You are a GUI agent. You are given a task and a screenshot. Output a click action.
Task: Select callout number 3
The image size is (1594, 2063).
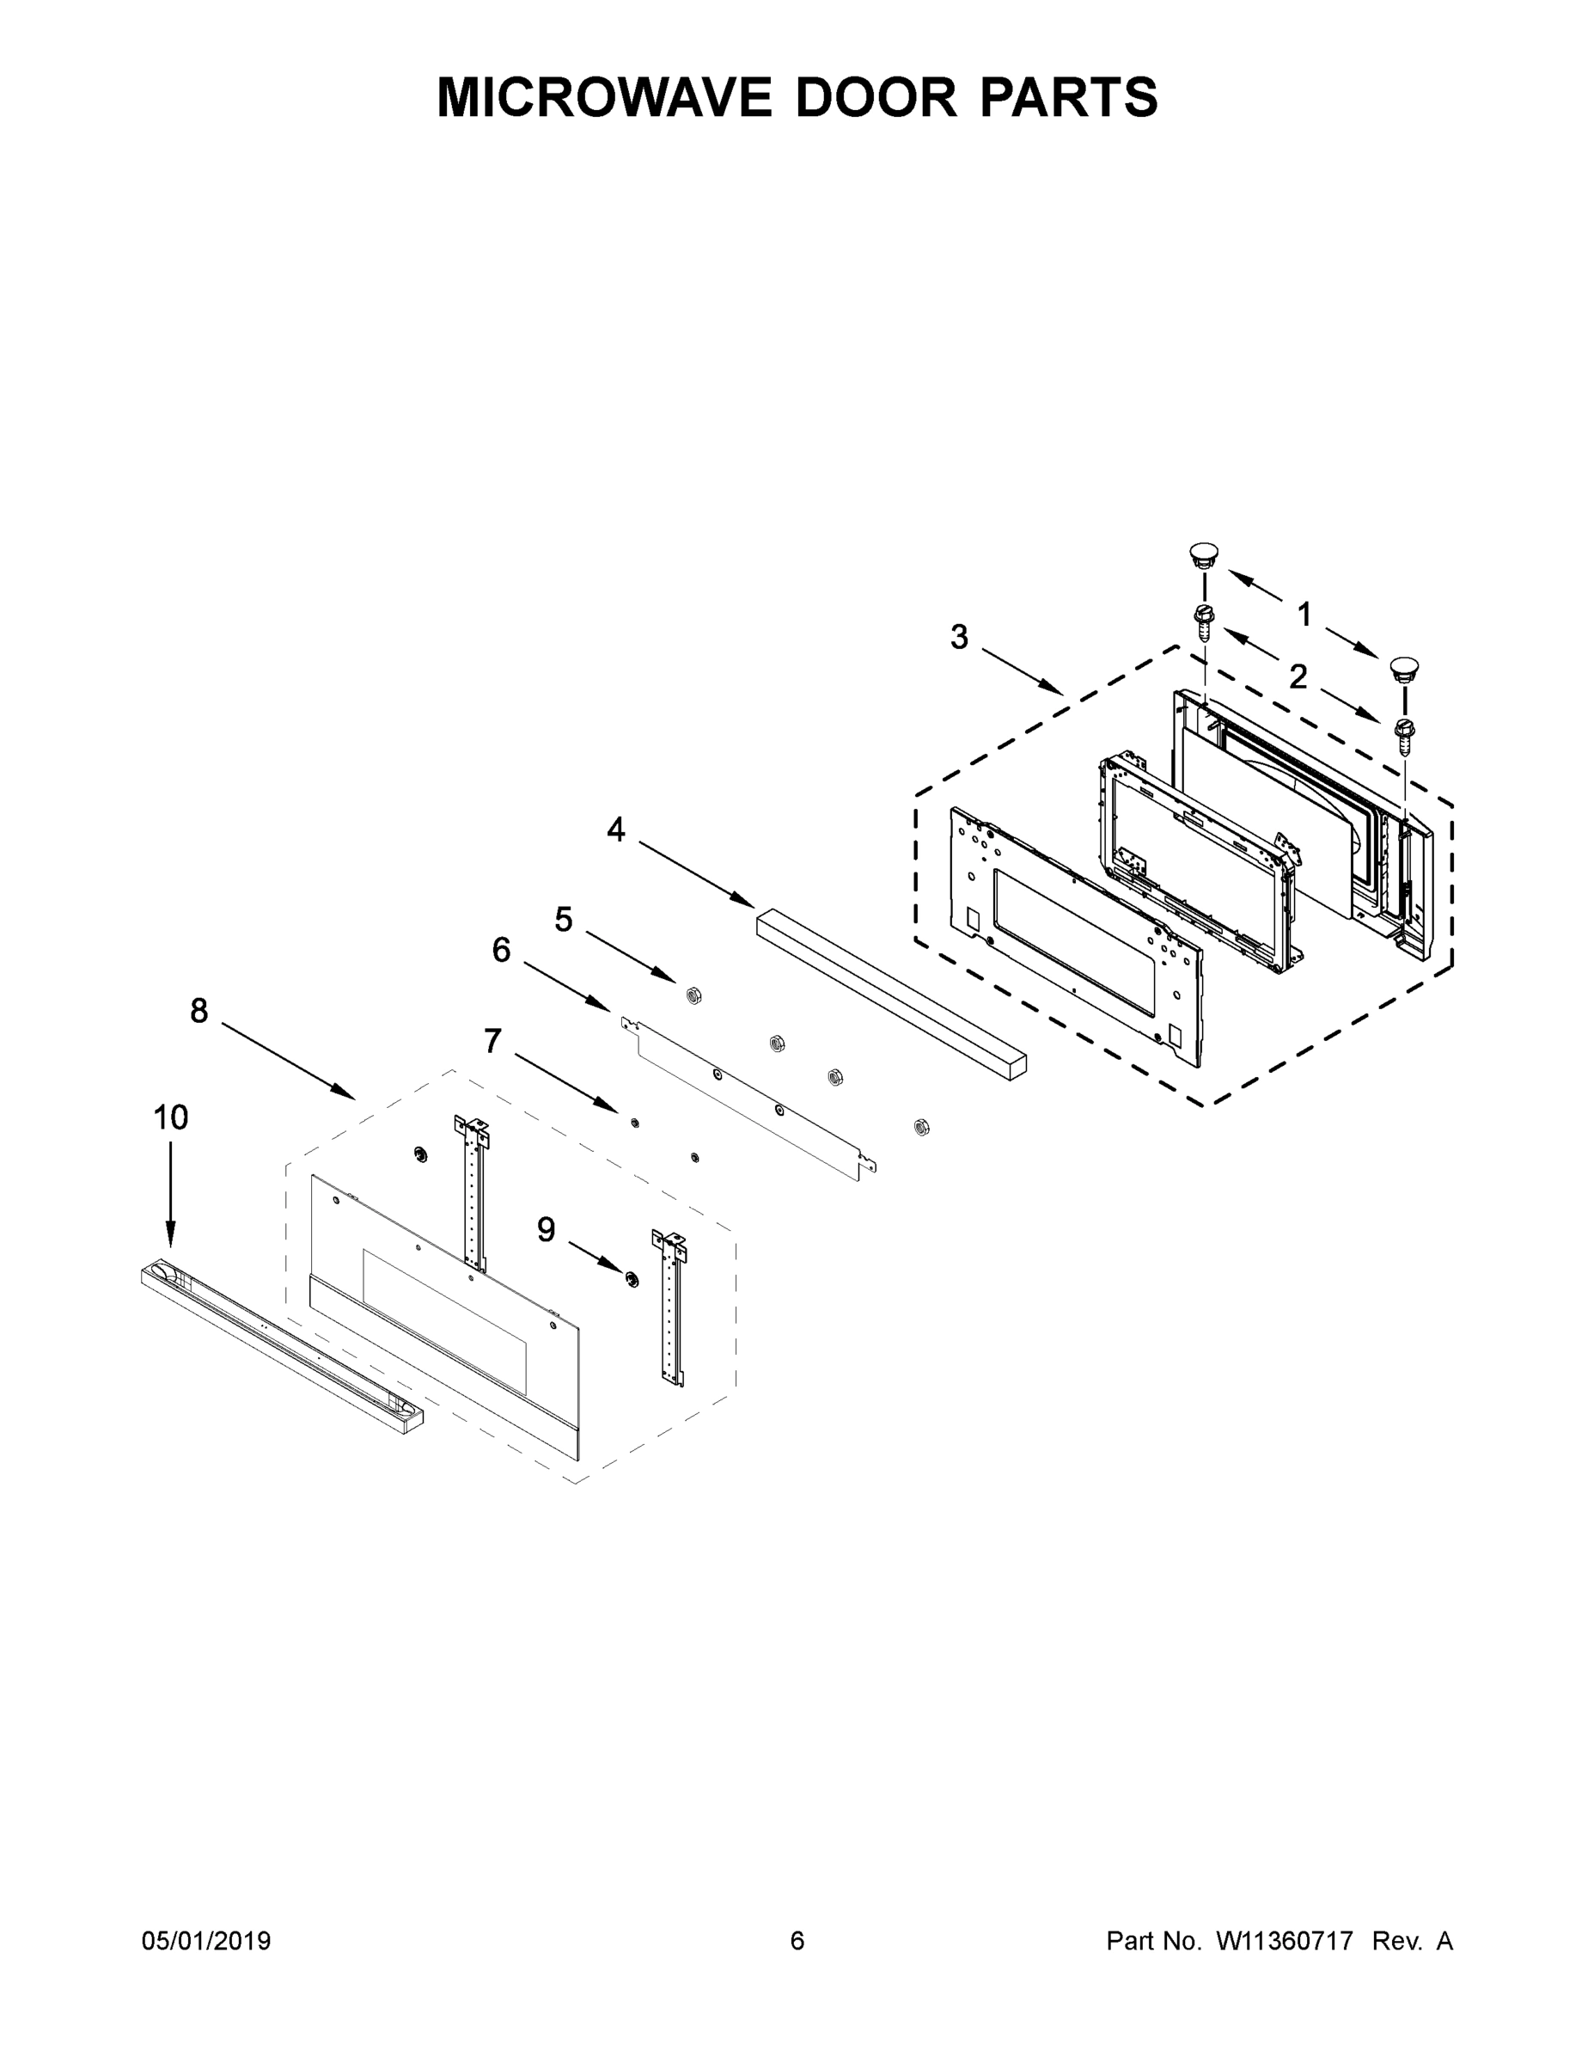point(958,638)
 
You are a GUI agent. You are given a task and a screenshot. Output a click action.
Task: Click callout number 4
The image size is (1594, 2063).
point(616,829)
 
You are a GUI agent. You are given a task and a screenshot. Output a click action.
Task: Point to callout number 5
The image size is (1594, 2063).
point(564,919)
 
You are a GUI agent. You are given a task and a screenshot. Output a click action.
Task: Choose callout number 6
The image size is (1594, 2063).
point(502,950)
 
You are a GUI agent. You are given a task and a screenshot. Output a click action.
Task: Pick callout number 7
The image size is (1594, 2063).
point(493,1041)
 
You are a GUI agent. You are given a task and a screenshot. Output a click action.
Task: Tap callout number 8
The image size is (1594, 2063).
point(199,1011)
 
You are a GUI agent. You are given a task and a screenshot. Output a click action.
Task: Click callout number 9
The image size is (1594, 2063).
point(546,1229)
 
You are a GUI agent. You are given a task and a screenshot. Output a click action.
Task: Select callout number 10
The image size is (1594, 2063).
point(171,1117)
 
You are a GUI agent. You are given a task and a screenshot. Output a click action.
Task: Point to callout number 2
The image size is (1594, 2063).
point(1298,676)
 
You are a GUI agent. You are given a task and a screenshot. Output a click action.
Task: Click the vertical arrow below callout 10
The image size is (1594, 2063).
point(170,1195)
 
